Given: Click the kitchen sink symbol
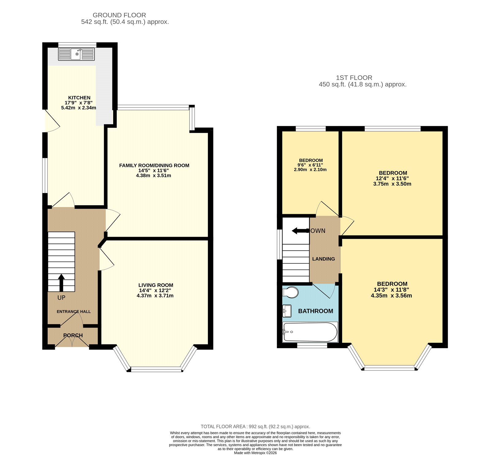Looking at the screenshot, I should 76,54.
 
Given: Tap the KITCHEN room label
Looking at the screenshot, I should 79,98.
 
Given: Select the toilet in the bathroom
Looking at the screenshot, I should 290,292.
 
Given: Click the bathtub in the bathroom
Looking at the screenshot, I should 310,332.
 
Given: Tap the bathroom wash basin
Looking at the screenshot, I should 287,311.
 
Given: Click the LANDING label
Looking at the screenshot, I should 323,259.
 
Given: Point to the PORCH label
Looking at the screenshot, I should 73,336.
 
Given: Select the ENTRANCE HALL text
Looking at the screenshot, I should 73,312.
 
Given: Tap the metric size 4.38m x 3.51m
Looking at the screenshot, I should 153,176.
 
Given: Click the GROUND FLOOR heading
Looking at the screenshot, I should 119,15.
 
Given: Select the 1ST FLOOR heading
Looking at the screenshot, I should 354,78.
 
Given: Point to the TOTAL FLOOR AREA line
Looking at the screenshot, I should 255,427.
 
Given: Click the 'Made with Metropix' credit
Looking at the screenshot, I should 255,453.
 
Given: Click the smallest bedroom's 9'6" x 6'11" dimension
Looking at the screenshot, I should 310,165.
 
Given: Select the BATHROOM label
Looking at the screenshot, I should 315,311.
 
